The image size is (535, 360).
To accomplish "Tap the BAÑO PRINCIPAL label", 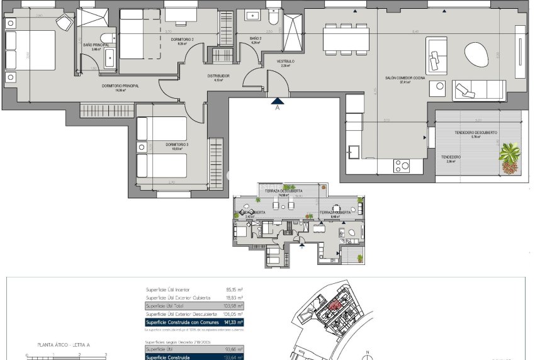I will point(96,45).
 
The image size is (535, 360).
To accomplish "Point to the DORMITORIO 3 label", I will point(177,145).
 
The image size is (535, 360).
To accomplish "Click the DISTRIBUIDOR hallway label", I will point(218,76).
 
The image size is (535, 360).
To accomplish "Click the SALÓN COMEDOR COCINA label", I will point(405,78).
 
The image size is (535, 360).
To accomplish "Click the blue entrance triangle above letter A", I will point(278,99).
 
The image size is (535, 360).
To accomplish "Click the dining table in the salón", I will point(346,38).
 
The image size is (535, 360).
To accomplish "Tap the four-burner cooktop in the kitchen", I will point(402,166).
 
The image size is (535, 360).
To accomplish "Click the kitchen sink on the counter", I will point(353,152).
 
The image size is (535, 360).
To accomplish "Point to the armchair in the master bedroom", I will point(64,22).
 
